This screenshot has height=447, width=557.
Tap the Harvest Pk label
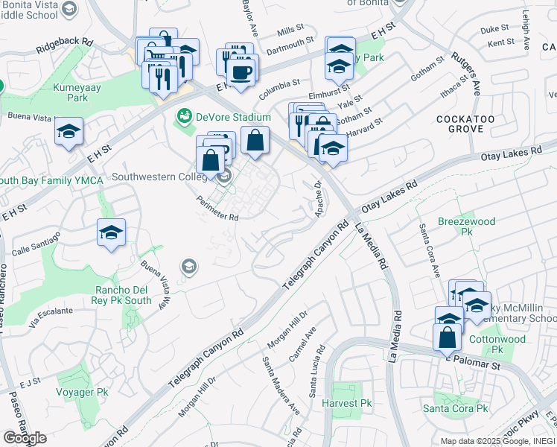click(346, 403)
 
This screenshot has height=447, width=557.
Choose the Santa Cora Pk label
click(455, 408)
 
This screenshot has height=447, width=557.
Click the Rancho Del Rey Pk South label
click(124, 295)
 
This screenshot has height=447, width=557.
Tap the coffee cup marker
click(241, 72)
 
